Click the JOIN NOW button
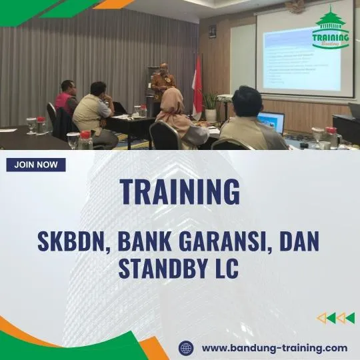[x=36, y=165]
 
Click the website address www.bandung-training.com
[x=274, y=348]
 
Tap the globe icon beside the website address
[x=186, y=348]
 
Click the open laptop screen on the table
[x=272, y=121]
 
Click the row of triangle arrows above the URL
[x=335, y=318]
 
